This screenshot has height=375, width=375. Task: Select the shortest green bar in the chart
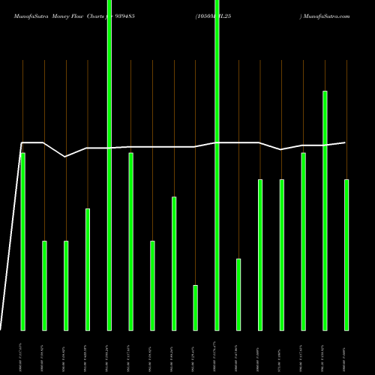pos(195,307)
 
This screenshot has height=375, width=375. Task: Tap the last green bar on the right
pos(346,255)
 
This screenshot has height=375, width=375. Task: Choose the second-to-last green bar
pos(325,210)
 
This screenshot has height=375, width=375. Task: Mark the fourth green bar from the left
pos(87,269)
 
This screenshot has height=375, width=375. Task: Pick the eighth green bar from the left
pos(174,263)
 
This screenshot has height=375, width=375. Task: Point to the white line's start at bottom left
pos(1,328)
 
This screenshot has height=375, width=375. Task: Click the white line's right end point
pos(346,142)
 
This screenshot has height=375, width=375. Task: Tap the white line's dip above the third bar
pos(65,157)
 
